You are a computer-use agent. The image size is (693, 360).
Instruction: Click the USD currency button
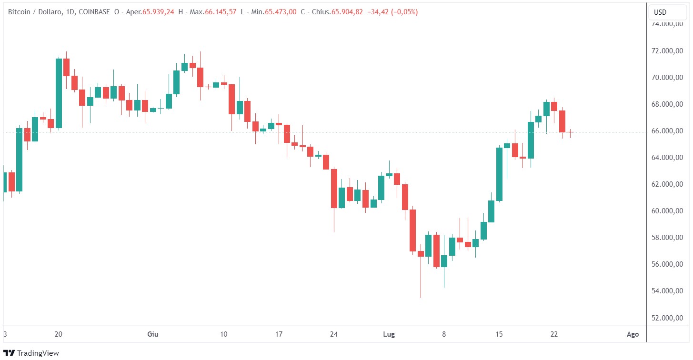click(660, 12)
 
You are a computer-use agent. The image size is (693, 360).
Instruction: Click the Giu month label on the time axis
click(152, 334)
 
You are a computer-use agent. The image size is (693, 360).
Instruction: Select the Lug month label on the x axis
click(390, 334)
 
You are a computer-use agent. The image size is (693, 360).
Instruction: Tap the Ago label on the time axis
click(633, 334)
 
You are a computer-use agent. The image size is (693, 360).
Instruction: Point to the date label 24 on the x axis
click(334, 334)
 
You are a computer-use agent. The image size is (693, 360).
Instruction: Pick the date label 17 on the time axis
click(279, 334)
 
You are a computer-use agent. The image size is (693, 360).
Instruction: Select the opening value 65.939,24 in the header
click(159, 12)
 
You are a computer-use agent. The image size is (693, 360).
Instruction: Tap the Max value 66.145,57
click(220, 12)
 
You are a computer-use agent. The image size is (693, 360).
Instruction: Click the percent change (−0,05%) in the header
click(404, 12)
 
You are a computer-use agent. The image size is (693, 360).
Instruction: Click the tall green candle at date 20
click(59, 93)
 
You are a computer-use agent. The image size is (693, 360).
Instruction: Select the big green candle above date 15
click(499, 174)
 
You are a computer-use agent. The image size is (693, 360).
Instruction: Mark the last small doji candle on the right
click(570, 132)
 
